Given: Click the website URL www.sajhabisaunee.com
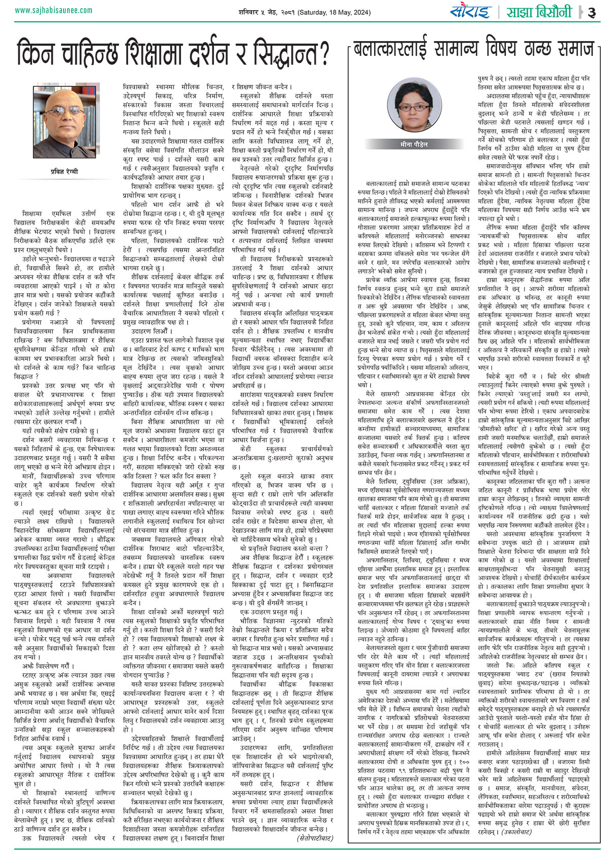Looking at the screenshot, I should tap(54, 10).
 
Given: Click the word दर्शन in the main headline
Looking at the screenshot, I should tap(221, 52).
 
